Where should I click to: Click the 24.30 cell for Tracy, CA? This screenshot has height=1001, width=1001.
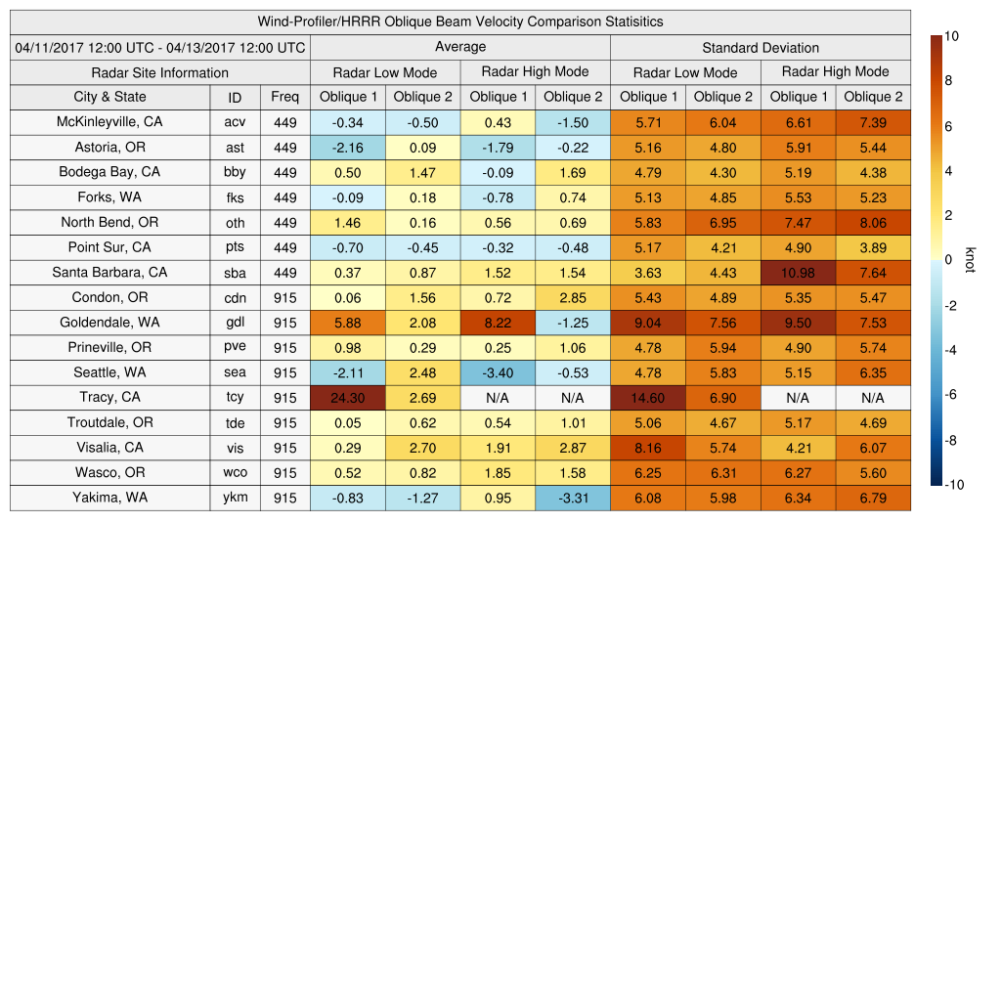pyautogui.click(x=347, y=398)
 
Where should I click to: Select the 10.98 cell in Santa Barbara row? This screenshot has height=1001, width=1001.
pyautogui.click(x=798, y=273)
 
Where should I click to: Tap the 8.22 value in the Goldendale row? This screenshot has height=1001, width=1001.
pyautogui.click(x=498, y=323)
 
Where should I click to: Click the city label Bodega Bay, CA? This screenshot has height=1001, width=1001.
pyautogui.click(x=109, y=172)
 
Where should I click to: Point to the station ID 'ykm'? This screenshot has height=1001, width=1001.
pyautogui.click(x=235, y=498)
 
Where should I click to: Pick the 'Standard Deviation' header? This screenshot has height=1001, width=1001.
pyautogui.click(x=761, y=48)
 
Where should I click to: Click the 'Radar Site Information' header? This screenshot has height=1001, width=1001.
pyautogui.click(x=159, y=72)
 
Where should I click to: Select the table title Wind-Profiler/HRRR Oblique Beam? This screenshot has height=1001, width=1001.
pyautogui.click(x=460, y=22)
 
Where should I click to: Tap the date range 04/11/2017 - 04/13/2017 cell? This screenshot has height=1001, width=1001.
pyautogui.click(x=160, y=48)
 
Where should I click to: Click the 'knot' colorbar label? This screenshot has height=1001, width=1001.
pyautogui.click(x=970, y=260)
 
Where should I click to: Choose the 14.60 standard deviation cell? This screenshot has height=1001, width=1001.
pyautogui.click(x=647, y=398)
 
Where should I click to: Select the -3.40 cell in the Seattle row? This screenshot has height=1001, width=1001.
pyautogui.click(x=498, y=372)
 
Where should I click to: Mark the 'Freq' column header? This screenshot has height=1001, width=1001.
pyautogui.click(x=284, y=97)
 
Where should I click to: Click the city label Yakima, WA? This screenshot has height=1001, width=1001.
pyautogui.click(x=109, y=498)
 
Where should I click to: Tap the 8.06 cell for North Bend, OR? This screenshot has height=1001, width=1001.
pyautogui.click(x=873, y=223)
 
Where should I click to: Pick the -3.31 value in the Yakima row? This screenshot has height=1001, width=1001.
pyautogui.click(x=572, y=498)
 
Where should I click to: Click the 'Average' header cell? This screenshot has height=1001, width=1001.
pyautogui.click(x=459, y=47)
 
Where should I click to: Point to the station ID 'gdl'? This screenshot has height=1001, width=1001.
pyautogui.click(x=235, y=323)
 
